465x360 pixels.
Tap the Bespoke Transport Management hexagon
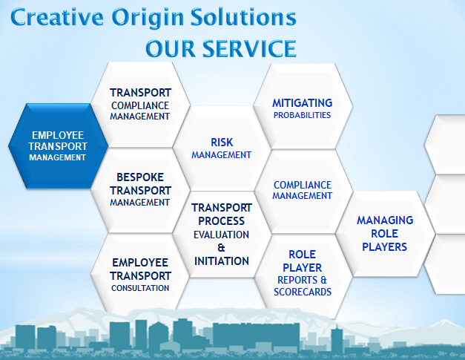pos(140,190)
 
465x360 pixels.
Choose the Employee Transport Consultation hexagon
pos(140,275)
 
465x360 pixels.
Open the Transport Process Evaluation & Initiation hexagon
pos(221,235)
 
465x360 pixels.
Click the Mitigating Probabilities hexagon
pos(302,108)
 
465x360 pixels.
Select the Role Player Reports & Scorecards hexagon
pos(302,273)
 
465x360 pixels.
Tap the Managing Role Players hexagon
pos(384,234)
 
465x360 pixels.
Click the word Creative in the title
pos(56,17)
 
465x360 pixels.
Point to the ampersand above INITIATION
pos(221,247)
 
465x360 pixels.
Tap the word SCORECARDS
pos(302,292)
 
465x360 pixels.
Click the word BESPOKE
pos(140,177)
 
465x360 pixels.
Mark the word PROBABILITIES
pos(302,115)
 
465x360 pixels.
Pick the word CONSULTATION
pos(140,288)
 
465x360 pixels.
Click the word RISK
pos(222,142)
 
